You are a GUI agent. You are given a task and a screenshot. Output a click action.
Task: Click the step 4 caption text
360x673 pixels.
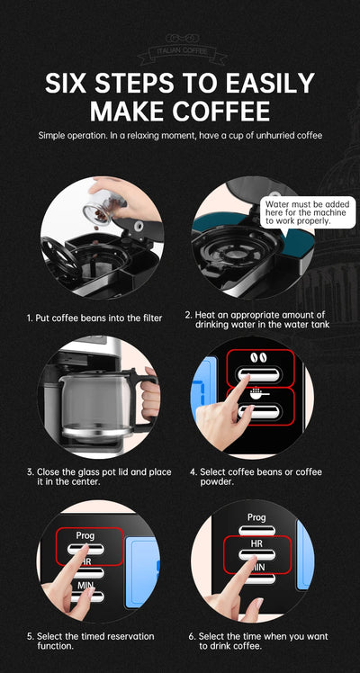coord(256,477)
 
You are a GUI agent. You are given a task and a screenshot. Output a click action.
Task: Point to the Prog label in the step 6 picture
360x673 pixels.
coord(256,517)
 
